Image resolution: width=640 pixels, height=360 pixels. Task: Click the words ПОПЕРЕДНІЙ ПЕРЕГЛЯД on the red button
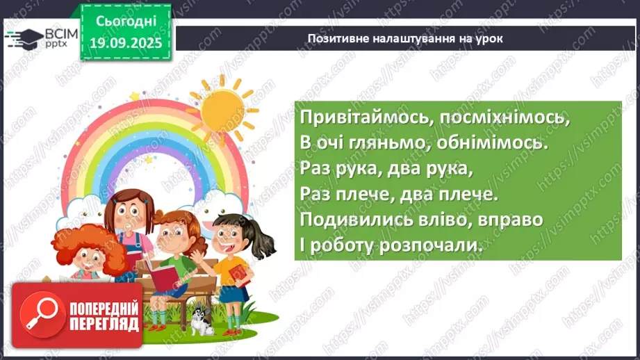[x=104, y=316]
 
